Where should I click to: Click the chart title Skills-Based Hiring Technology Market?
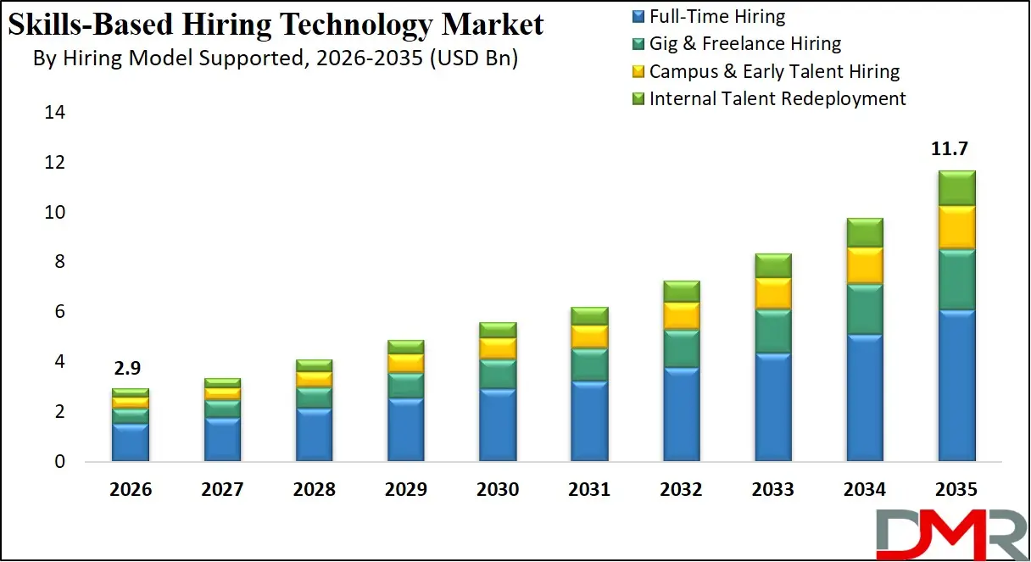click(x=275, y=25)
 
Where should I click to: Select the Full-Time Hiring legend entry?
click(x=716, y=16)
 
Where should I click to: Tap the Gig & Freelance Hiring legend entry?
click(x=744, y=43)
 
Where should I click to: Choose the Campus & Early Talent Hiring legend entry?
click(x=773, y=71)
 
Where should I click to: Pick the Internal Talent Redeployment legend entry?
click(x=777, y=98)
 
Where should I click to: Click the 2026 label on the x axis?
click(x=131, y=490)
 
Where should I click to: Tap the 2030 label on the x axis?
click(x=498, y=490)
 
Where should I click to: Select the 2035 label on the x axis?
click(x=956, y=490)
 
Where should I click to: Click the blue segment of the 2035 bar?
click(x=956, y=386)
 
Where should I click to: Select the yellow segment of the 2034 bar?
click(x=864, y=265)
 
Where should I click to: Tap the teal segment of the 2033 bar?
click(x=772, y=331)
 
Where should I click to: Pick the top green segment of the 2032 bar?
click(x=681, y=291)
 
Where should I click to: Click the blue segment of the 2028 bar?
click(x=315, y=435)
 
